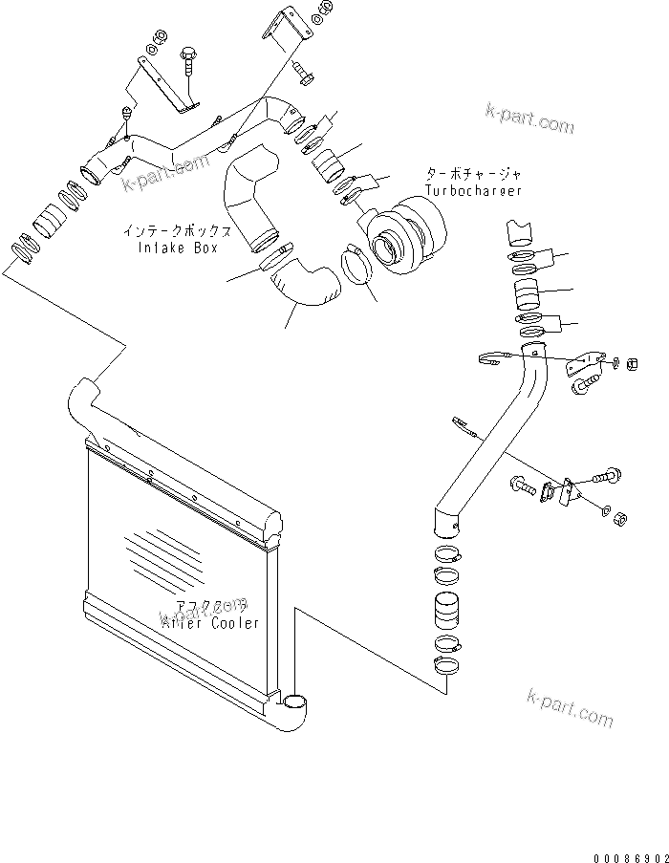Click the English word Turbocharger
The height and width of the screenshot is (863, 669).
coord(474,191)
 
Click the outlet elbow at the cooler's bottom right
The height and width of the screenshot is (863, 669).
coord(294,712)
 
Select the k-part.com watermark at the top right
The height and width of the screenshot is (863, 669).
coord(529,120)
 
